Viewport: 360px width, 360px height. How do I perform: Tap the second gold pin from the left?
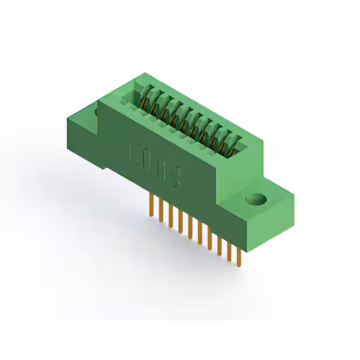click(161, 210)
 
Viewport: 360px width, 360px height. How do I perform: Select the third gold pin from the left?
click(170, 216)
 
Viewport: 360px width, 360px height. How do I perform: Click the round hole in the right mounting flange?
click(256, 199)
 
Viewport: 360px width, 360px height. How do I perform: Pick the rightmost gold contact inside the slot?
click(227, 150)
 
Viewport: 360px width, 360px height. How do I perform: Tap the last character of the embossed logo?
click(175, 179)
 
